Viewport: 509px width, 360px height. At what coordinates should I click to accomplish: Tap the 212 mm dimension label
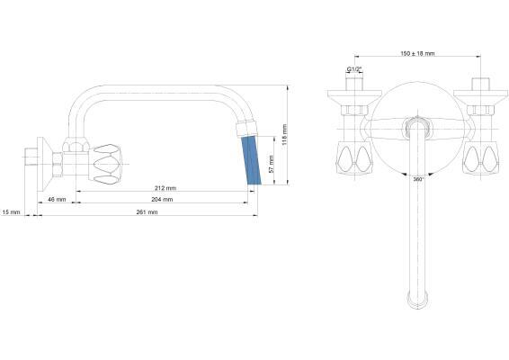tap(165, 189)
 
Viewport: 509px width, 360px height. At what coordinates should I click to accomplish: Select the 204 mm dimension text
tap(162, 200)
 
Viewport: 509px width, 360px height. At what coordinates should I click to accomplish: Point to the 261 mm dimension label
tap(147, 211)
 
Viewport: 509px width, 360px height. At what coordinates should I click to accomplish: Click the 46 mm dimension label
tap(57, 199)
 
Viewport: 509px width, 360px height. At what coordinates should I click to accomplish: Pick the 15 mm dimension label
tap(12, 211)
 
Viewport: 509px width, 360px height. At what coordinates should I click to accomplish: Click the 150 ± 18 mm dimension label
tap(417, 54)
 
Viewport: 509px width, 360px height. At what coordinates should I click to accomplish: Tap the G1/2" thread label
tap(353, 69)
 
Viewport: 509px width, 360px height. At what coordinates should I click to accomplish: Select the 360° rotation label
tap(418, 180)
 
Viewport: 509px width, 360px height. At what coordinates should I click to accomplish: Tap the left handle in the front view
tap(353, 159)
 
